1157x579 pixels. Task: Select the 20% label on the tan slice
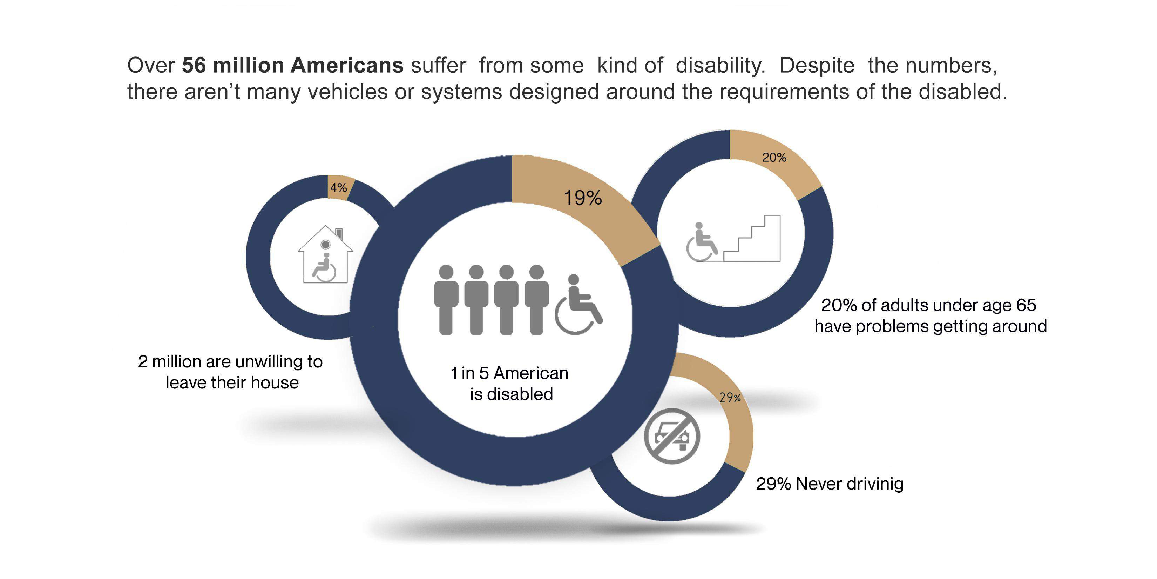[x=774, y=157]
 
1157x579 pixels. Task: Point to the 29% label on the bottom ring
[x=729, y=397]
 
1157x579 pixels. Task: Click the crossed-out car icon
[x=671, y=436]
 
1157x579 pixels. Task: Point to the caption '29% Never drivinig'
[x=829, y=484]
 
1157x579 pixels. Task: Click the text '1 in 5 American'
[x=509, y=373]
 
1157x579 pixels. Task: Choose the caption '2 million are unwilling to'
[x=230, y=361]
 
